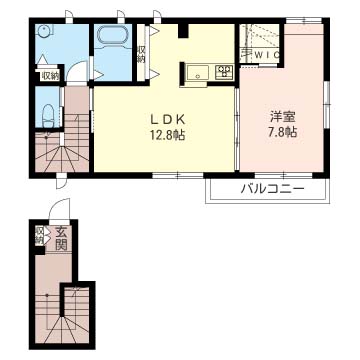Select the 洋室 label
tap(283, 117)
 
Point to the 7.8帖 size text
tap(283, 133)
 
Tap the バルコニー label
tap(273, 190)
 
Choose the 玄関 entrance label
tap(61, 238)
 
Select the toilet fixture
tap(49, 115)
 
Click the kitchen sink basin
tap(197, 73)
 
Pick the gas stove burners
tap(225, 72)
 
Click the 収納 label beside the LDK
tap(141, 53)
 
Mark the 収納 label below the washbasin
tap(50, 76)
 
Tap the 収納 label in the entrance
tap(39, 235)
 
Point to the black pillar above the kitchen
tap(183, 31)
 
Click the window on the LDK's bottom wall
tap(178, 175)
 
